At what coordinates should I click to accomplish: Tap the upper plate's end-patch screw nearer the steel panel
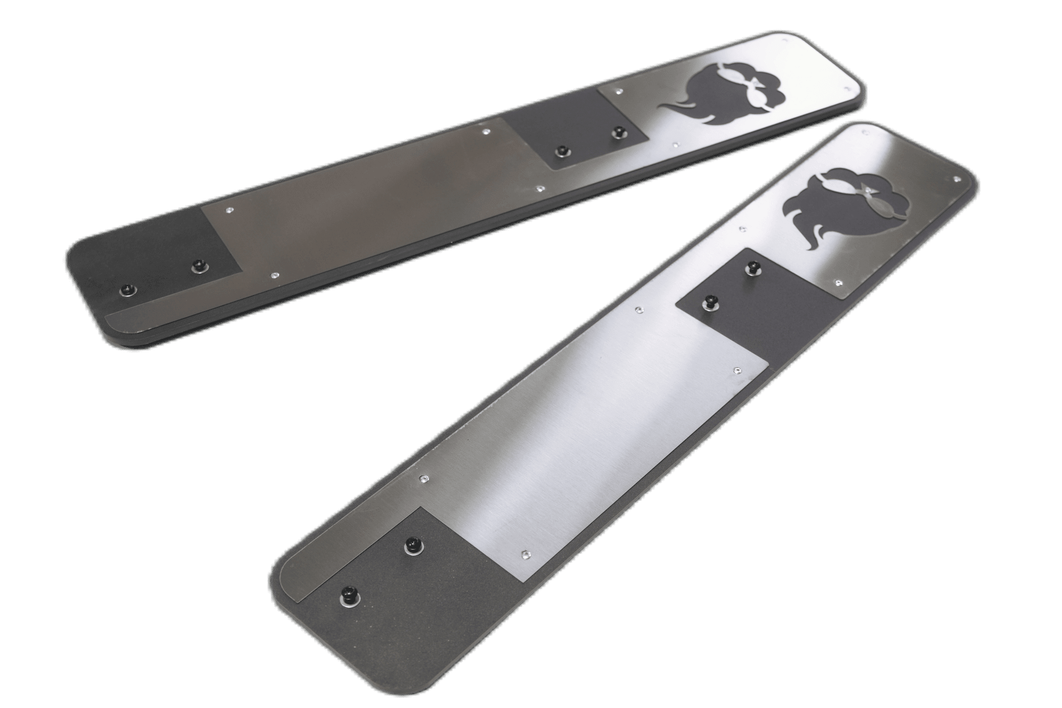coord(200,263)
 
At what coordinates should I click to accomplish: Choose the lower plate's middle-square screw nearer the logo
coord(752,267)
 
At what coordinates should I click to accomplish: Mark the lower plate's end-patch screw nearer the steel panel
coord(412,544)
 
